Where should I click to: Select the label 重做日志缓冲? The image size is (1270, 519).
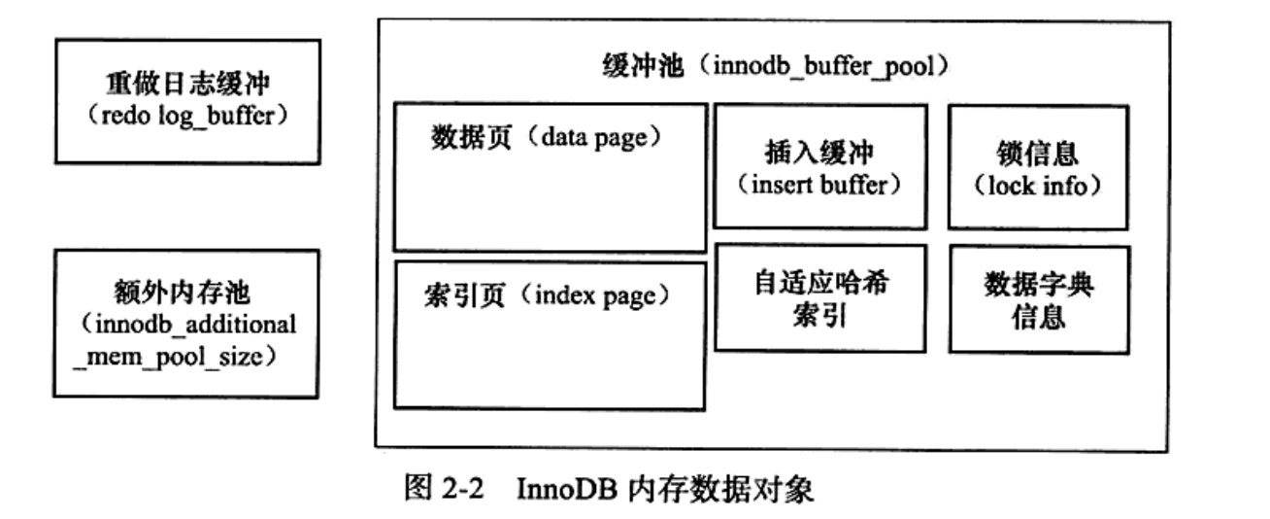point(187,85)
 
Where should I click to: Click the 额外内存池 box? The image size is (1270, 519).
point(185,324)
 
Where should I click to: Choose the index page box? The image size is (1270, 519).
point(550,334)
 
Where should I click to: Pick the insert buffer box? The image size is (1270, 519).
point(820,167)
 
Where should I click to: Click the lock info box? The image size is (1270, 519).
point(1038,167)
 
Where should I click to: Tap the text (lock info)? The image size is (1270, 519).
point(1038,185)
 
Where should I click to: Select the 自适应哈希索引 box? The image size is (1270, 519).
point(820,298)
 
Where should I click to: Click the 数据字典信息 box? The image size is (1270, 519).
point(1039,298)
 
